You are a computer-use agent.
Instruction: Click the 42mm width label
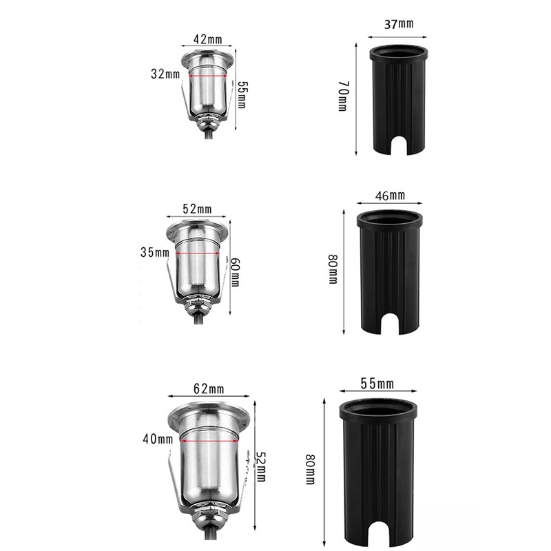click(x=208, y=39)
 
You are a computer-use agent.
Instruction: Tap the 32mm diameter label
click(x=165, y=74)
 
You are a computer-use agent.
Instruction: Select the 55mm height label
click(x=243, y=95)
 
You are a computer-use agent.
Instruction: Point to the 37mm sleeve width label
click(x=399, y=24)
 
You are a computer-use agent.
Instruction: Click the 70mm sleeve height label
click(x=343, y=96)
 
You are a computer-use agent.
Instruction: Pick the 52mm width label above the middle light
click(x=197, y=209)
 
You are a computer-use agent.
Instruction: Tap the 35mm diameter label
click(x=154, y=252)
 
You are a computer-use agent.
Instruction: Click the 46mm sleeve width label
click(x=390, y=196)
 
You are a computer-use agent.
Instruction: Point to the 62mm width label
click(x=209, y=389)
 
